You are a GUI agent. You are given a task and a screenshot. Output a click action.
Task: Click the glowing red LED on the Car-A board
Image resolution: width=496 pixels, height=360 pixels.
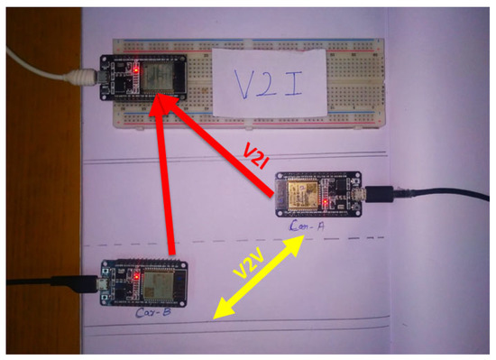pos(324,205)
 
